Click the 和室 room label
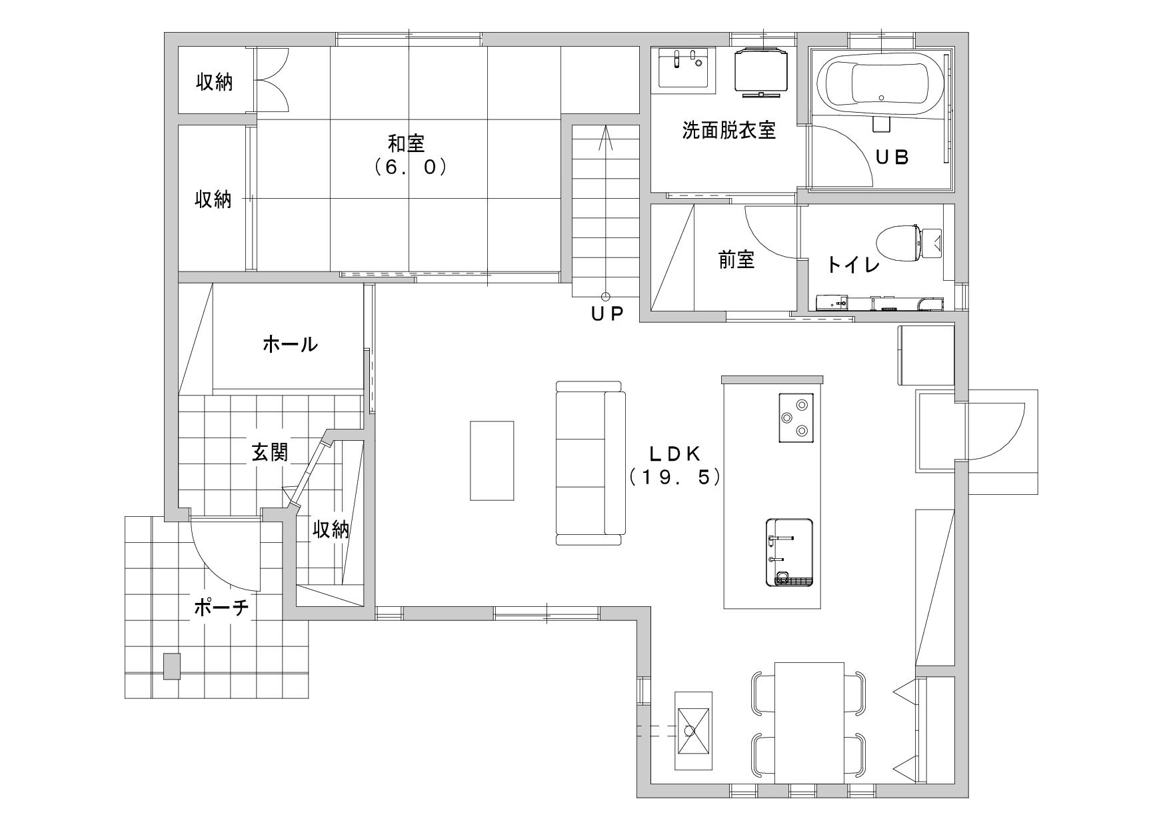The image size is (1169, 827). (x=407, y=143)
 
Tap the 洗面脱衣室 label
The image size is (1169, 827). (x=728, y=130)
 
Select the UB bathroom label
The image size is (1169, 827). (x=892, y=157)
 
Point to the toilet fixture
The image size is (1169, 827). (x=908, y=243)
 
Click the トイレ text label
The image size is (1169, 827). (x=854, y=265)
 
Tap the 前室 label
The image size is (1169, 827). (x=736, y=260)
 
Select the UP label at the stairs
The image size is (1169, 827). (x=606, y=313)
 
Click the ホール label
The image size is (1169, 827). (x=290, y=344)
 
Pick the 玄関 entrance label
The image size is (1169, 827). (x=270, y=452)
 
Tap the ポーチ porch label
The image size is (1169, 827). (x=222, y=608)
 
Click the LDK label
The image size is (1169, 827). (x=674, y=454)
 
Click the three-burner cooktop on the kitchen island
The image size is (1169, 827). (x=796, y=418)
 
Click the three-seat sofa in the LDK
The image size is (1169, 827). (x=590, y=463)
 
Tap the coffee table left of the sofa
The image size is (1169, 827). (x=492, y=460)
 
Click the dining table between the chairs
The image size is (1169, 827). (x=809, y=722)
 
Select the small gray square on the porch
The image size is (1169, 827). (x=172, y=666)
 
